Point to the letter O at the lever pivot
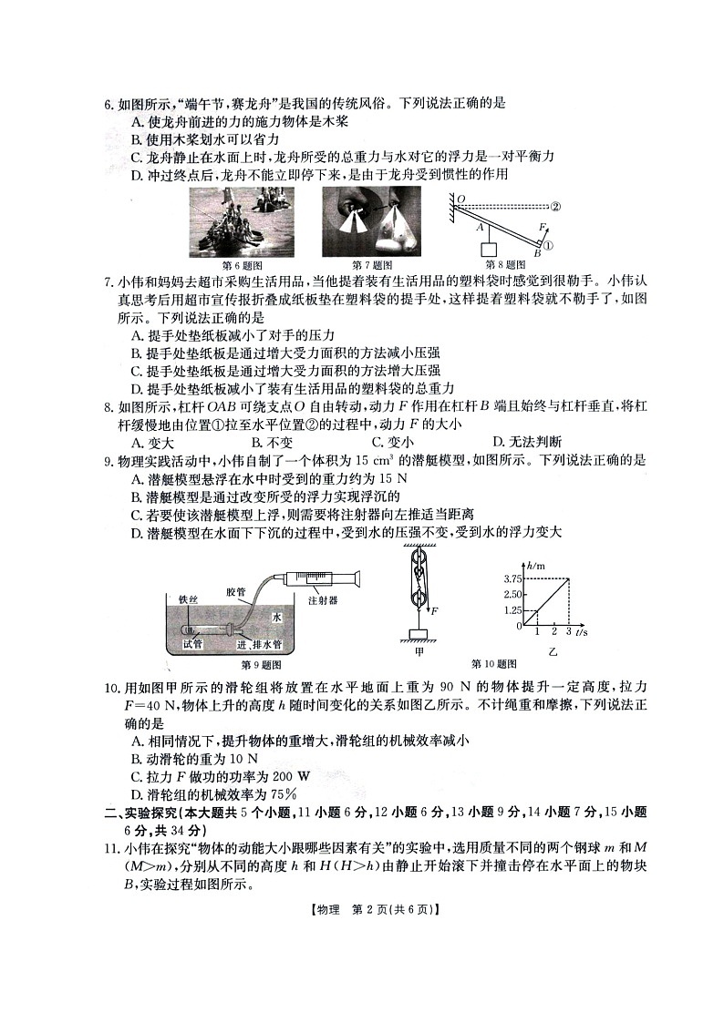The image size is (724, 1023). [x=461, y=198]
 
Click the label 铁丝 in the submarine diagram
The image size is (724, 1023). [x=189, y=599]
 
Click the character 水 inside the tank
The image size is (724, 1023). [x=276, y=617]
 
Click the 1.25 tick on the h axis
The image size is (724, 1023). [x=511, y=610]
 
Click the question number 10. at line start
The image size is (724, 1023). [x=111, y=685]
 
